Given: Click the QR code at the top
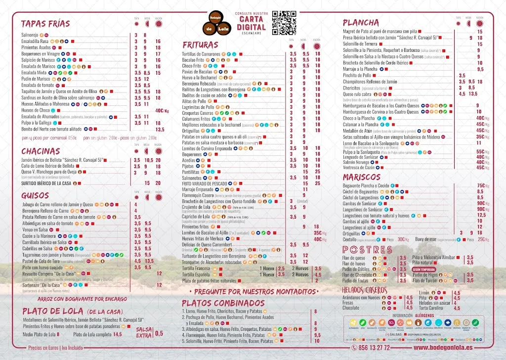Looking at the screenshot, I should point(284,23).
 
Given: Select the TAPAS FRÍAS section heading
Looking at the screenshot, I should point(45,24).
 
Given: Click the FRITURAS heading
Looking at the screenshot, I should point(207,45).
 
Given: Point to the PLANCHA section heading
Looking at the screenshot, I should point(361,22).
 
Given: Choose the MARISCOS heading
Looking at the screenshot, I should point(362,177).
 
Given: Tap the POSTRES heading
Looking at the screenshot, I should point(367,249).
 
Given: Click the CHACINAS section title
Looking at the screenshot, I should point(41,151).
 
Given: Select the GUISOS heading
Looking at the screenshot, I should point(35,196).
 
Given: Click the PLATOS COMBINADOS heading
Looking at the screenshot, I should point(223,303).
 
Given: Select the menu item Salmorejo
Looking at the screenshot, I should point(30,36).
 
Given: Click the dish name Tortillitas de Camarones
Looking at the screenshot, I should point(201,54).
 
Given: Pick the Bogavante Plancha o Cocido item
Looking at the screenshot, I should point(366,186).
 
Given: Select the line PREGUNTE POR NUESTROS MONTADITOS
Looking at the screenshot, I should point(256,292).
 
